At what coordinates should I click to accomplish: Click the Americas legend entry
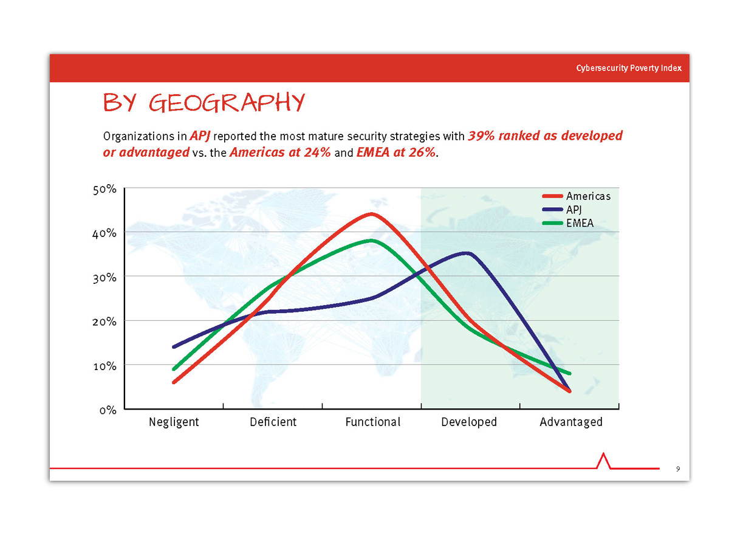(576, 196)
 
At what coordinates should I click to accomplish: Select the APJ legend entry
(561, 210)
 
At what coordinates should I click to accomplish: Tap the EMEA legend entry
(567, 223)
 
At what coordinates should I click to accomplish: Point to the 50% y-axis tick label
(104, 189)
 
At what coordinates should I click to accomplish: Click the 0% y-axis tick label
(108, 410)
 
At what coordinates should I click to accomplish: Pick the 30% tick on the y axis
(104, 278)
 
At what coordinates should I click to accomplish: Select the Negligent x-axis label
(174, 422)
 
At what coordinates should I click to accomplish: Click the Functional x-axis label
(372, 422)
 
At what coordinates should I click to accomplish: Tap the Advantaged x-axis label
(570, 422)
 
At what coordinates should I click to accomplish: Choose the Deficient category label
(273, 422)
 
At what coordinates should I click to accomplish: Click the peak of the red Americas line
(372, 214)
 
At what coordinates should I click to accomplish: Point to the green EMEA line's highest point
(372, 241)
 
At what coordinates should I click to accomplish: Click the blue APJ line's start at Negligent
(174, 346)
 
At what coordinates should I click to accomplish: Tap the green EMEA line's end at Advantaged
(569, 373)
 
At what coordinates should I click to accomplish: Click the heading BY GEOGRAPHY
(204, 102)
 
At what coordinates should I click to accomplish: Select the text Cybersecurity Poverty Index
(628, 68)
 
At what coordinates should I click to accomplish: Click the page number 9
(678, 469)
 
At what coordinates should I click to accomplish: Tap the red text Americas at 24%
(280, 152)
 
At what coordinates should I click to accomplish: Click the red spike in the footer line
(603, 460)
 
